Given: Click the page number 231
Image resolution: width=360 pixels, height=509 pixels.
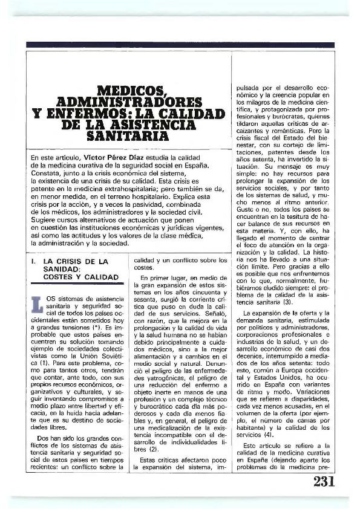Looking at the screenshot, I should click(324, 481).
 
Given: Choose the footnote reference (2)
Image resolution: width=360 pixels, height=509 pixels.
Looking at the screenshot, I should click(153, 449).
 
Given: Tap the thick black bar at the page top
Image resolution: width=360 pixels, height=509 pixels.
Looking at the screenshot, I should click(181, 45).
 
